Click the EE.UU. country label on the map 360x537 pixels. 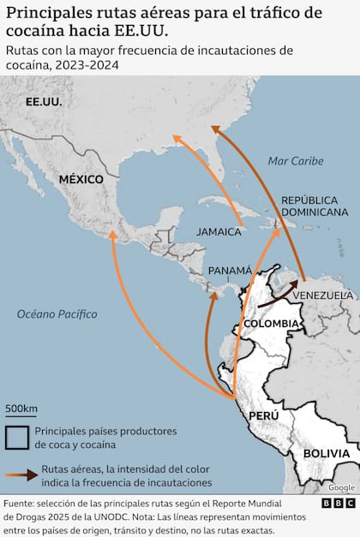pos(45,102)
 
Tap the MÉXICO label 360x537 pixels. pos(81,180)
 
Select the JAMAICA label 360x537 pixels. pos(219,231)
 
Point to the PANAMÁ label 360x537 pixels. pos(231,269)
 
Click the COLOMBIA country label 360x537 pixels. pos(271,325)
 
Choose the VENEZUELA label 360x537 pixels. pos(322,295)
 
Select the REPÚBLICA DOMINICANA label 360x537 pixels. pos(315,205)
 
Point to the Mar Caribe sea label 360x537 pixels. pos(295,161)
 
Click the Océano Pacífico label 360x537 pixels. pos(57,314)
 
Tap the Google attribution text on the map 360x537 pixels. pos(340,487)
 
